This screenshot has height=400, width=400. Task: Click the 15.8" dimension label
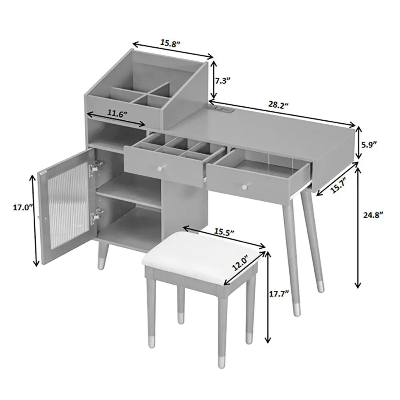pyautogui.click(x=170, y=43)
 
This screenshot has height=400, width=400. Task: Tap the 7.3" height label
pyautogui.click(x=223, y=81)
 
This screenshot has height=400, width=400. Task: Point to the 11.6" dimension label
pyautogui.click(x=117, y=113)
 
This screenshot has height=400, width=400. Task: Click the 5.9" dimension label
pyautogui.click(x=369, y=145)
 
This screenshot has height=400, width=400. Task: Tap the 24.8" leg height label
pyautogui.click(x=373, y=215)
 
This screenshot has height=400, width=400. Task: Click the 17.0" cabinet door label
pyautogui.click(x=23, y=207)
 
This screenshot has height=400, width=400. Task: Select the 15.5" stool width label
pyautogui.click(x=224, y=232)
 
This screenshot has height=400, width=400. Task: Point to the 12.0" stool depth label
pyautogui.click(x=240, y=263)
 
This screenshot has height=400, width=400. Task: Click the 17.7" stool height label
pyautogui.click(x=279, y=294)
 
